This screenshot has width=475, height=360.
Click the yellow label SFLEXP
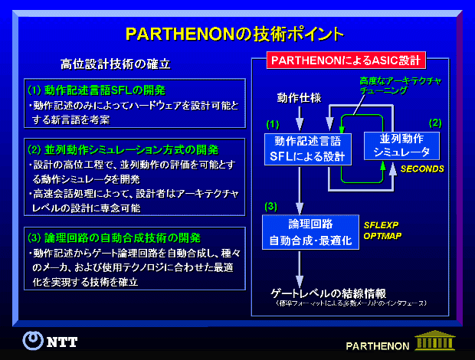(x=381, y=227)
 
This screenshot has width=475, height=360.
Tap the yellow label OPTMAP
(x=381, y=237)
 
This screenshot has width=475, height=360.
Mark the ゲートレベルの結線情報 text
(x=328, y=293)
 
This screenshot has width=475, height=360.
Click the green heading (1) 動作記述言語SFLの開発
(x=96, y=89)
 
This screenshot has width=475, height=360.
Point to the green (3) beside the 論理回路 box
(x=270, y=207)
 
